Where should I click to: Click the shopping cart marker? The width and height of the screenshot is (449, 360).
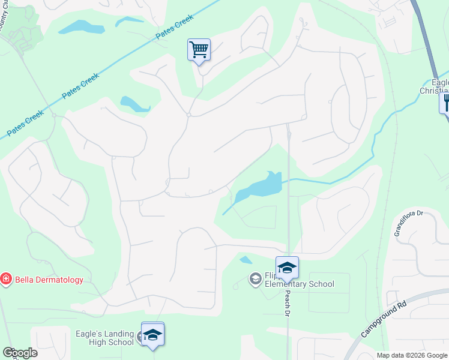(x=199, y=50)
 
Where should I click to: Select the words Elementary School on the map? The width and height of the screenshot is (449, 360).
(x=300, y=284)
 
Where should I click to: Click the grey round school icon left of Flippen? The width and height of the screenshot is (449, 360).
(x=255, y=278)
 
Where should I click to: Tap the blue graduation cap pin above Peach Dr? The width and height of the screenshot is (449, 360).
(x=287, y=268)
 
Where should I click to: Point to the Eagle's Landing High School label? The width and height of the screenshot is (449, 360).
(x=104, y=338)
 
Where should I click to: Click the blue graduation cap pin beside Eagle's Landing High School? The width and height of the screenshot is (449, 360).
(x=152, y=335)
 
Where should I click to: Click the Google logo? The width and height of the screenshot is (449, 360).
(x=20, y=353)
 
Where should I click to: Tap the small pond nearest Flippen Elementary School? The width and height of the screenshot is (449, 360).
(x=246, y=260)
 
